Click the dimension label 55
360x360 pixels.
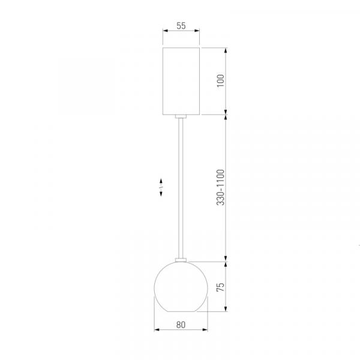pyautogui.click(x=181, y=26)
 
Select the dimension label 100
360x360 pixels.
pyautogui.click(x=220, y=80)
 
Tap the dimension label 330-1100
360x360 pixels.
pyautogui.click(x=220, y=187)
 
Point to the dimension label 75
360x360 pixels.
pyautogui.click(x=220, y=287)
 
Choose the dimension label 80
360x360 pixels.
pyautogui.click(x=181, y=325)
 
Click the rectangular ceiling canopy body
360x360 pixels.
pyautogui.click(x=181, y=81)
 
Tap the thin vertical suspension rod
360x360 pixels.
pyautogui.click(x=181, y=188)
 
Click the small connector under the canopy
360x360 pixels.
pyautogui.click(x=181, y=116)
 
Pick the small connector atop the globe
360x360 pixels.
pyautogui.click(x=181, y=260)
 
